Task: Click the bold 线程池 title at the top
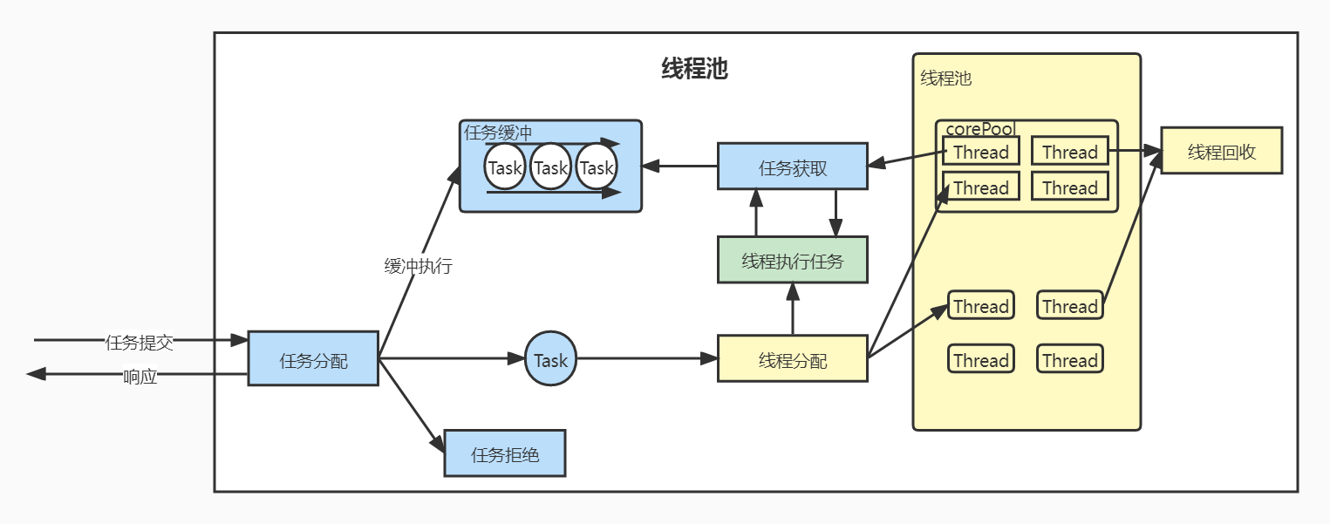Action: (x=694, y=70)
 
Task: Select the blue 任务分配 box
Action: (x=313, y=359)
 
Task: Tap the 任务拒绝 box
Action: (x=505, y=453)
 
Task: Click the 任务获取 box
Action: (x=792, y=167)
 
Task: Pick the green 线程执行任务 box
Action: (x=792, y=260)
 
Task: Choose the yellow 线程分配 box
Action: (x=792, y=359)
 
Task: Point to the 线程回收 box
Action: (x=1221, y=151)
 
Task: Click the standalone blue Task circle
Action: (x=550, y=359)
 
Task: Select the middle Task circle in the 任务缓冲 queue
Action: (x=550, y=167)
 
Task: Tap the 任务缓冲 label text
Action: (x=498, y=133)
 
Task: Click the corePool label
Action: (x=980, y=128)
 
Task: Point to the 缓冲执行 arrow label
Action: (x=418, y=267)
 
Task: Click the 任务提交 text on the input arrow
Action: (x=140, y=342)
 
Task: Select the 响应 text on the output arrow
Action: (x=140, y=377)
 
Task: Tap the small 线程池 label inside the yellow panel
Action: (x=945, y=78)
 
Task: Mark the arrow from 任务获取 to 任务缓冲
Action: (x=680, y=166)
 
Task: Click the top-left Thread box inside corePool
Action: (x=981, y=152)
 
